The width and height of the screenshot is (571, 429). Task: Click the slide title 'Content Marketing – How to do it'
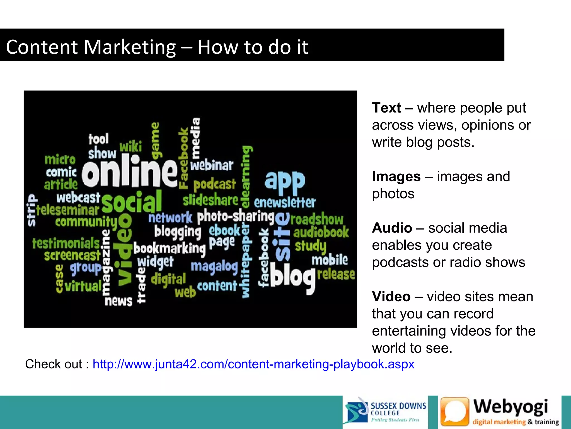pyautogui.click(x=157, y=47)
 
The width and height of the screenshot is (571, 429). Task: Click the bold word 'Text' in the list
pyautogui.click(x=386, y=108)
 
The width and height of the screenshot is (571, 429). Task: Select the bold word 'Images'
pyautogui.click(x=396, y=177)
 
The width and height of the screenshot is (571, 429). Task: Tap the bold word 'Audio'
pyautogui.click(x=392, y=228)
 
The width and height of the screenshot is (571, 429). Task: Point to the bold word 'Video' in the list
pyautogui.click(x=391, y=297)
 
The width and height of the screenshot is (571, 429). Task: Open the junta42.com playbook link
pyautogui.click(x=253, y=364)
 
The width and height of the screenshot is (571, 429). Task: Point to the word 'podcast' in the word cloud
pyautogui.click(x=215, y=184)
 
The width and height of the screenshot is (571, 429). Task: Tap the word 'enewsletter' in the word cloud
pyautogui.click(x=285, y=202)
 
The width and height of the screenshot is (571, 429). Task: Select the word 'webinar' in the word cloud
pyautogui.click(x=212, y=166)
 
